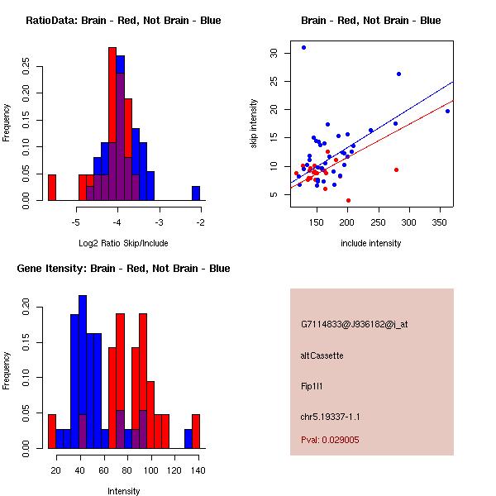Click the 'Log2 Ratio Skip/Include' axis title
(122, 243)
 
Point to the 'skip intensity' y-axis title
(254, 124)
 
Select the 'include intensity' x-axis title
(370, 243)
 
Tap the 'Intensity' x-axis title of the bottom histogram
(124, 491)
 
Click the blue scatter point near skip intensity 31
(303, 48)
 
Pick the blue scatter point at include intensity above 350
(447, 111)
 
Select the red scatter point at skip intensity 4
(348, 200)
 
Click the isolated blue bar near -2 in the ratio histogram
(196, 193)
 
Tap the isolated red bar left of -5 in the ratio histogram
(52, 188)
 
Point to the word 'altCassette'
(322, 355)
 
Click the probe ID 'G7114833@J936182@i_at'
(355, 324)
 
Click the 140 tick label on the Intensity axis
(197, 470)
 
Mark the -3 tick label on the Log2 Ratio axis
(160, 222)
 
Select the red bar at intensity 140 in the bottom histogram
(196, 431)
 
